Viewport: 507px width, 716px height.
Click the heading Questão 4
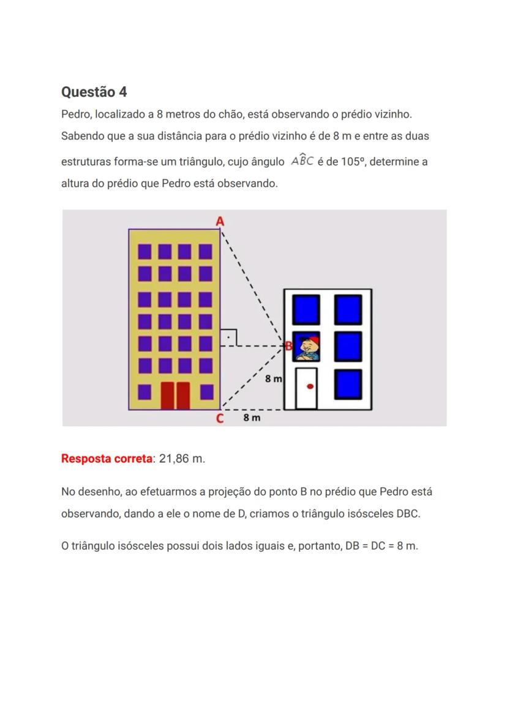pos(94,92)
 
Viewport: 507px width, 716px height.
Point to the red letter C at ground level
pos(219,419)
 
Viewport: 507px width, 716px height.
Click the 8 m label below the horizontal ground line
pos(252,418)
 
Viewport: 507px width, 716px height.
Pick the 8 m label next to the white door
pos(274,379)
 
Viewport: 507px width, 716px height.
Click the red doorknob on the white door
pos(310,386)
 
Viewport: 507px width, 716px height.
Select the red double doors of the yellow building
pos(175,395)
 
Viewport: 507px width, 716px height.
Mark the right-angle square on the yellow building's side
pos(229,336)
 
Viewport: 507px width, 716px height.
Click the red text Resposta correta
pos(107,459)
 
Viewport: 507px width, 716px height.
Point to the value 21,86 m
pos(182,459)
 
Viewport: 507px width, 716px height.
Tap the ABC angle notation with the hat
pos(302,162)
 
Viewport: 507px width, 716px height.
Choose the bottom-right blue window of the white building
pos(348,384)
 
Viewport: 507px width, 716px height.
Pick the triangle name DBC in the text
pos(407,514)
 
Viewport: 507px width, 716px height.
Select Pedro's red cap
pos(313,340)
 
